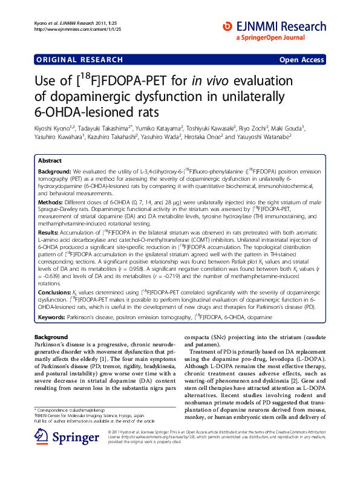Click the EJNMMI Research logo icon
(228, 26)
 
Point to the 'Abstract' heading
(50, 161)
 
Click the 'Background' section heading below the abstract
(51, 336)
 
